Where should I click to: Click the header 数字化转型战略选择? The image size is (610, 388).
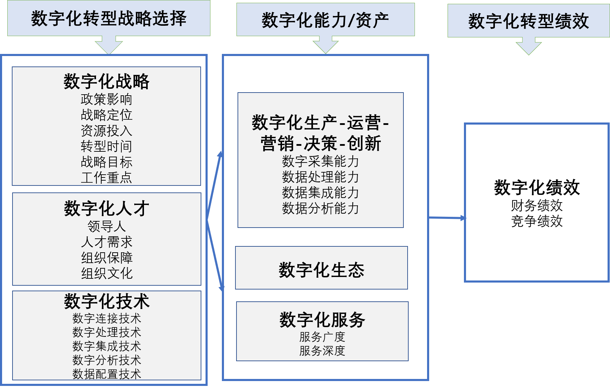[x=109, y=18]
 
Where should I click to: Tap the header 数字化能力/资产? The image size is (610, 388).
[x=325, y=20]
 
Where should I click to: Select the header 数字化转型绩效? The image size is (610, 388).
[x=528, y=21]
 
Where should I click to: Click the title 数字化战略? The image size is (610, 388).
[x=106, y=82]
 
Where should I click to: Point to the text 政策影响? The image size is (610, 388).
[x=106, y=99]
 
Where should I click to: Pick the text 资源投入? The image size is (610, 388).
[x=106, y=130]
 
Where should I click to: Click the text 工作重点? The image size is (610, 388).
[x=106, y=177]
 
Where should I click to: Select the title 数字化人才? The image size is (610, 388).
[x=106, y=208]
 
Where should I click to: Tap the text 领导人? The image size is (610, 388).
[x=106, y=226]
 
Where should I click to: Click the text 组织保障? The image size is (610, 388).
[x=107, y=258]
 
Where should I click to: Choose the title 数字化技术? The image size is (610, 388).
[x=106, y=301]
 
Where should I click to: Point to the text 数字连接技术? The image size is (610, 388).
[x=106, y=318]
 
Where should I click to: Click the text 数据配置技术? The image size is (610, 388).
[x=106, y=374]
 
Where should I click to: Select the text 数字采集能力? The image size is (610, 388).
[x=320, y=161]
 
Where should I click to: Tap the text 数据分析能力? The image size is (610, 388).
[x=320, y=208]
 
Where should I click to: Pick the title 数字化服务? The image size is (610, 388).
[x=322, y=320]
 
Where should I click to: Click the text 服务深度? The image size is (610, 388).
[x=322, y=350]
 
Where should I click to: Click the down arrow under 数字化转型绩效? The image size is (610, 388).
[x=529, y=46]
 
